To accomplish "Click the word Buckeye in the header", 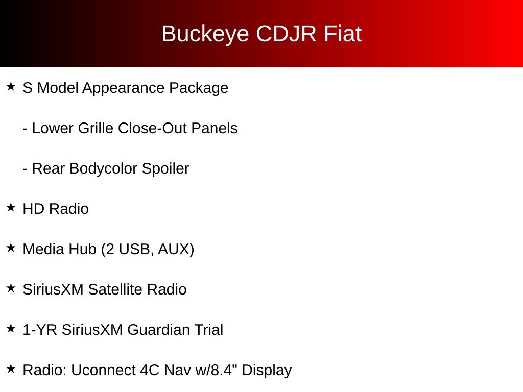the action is pyautogui.click(x=205, y=34).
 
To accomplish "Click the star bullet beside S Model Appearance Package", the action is pyautogui.click(x=11, y=86).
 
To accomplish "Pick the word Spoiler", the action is pyautogui.click(x=165, y=168).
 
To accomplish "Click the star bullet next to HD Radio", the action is pyautogui.click(x=11, y=207).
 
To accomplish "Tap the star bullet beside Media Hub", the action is pyautogui.click(x=11, y=248).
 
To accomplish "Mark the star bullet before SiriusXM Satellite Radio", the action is pyautogui.click(x=11, y=288).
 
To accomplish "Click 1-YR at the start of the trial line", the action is pyautogui.click(x=40, y=330).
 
